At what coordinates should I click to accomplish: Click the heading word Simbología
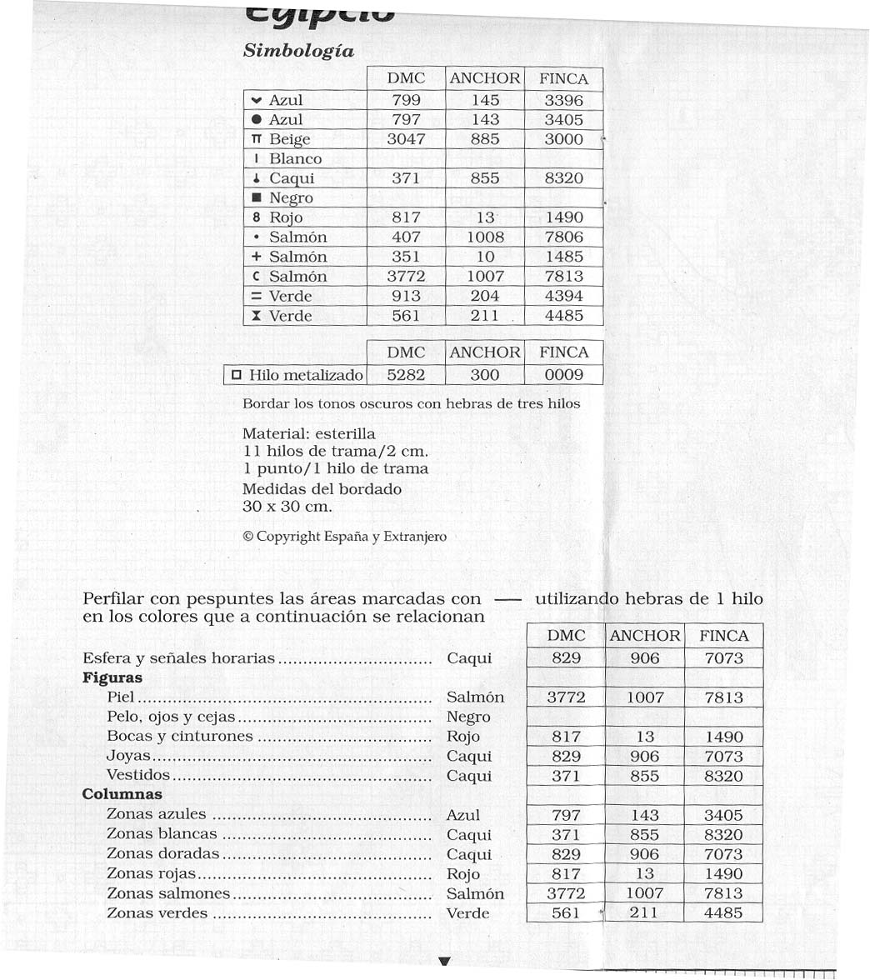[x=298, y=51]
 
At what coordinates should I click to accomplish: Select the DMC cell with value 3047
[x=406, y=139]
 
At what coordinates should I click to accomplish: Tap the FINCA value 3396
[x=563, y=100]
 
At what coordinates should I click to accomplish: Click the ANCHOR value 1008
[x=485, y=237]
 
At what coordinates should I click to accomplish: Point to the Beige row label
[x=289, y=139]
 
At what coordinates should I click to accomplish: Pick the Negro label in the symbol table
[x=291, y=198]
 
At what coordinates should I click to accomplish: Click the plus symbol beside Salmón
[x=256, y=257]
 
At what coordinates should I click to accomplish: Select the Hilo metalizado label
[x=306, y=376]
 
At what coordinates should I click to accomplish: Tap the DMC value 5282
[x=406, y=376]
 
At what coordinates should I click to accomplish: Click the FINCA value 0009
[x=563, y=376]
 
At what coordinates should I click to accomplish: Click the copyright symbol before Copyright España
[x=247, y=537]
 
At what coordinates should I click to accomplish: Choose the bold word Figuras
[x=112, y=677]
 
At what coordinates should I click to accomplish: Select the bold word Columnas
[x=122, y=795]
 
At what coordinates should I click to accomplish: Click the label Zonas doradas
[x=162, y=853]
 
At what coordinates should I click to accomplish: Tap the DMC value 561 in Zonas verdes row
[x=566, y=913]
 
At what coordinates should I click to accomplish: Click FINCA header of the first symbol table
[x=563, y=79]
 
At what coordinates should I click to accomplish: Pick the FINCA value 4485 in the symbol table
[x=563, y=316]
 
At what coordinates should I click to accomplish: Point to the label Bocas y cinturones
[x=179, y=737]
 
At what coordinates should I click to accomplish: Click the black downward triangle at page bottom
[x=444, y=962]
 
